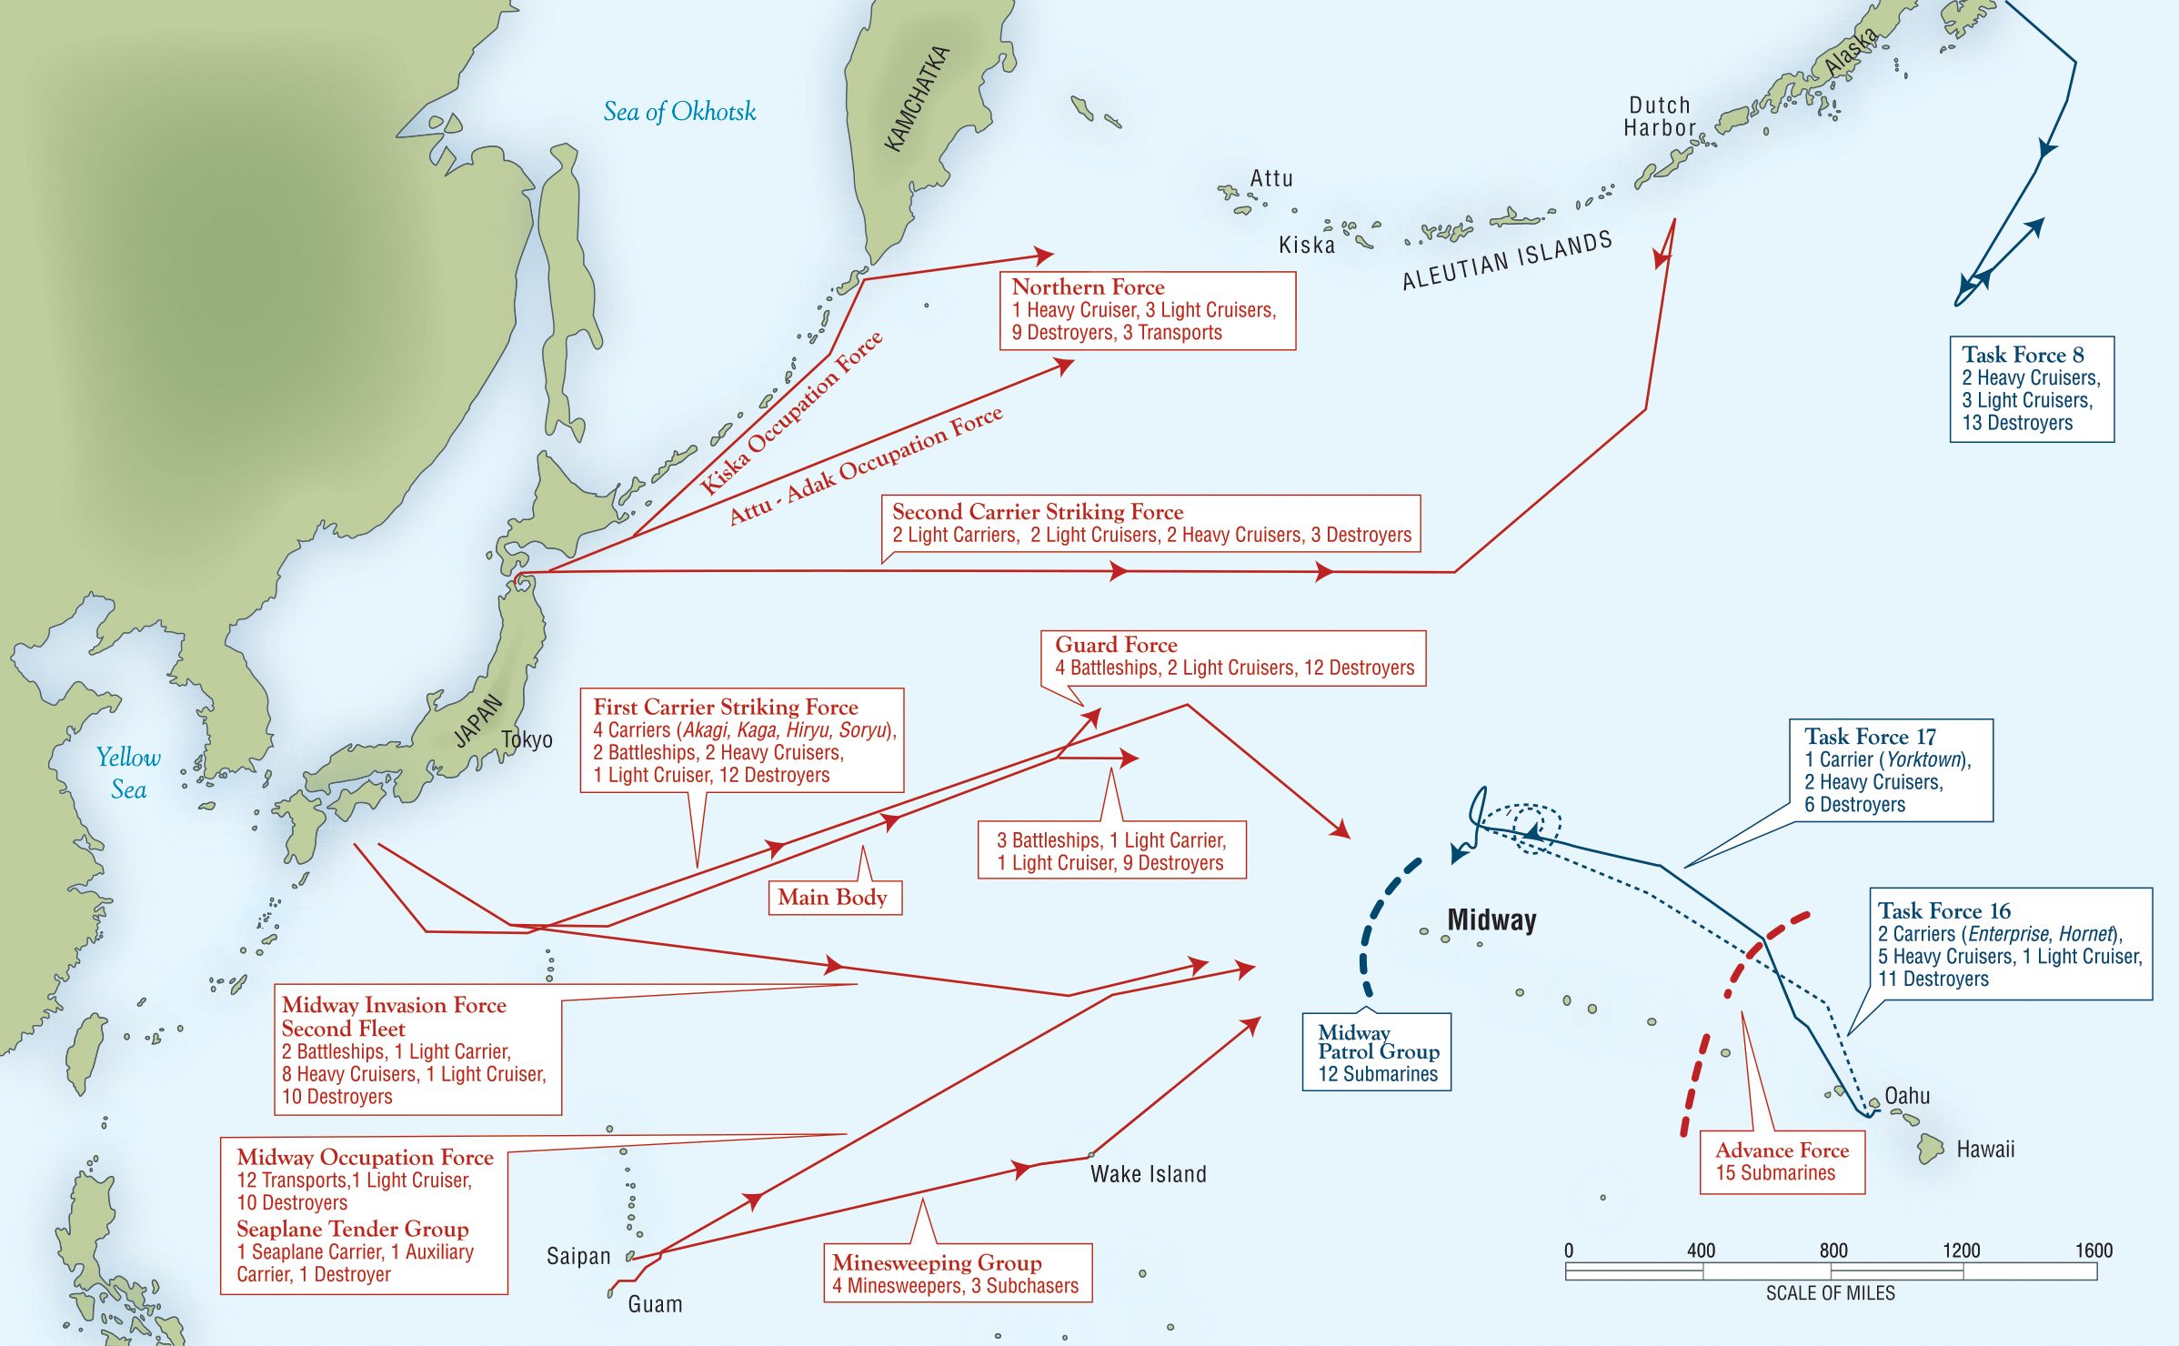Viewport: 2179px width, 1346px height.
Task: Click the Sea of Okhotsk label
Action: coord(679,112)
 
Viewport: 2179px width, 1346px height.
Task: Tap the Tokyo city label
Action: coord(527,739)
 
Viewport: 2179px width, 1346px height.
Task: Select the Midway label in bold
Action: coord(1491,919)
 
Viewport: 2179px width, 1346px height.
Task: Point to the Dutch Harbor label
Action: coord(1660,116)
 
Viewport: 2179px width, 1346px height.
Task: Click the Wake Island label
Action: coord(1148,1174)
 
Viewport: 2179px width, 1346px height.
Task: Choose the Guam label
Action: coord(655,1304)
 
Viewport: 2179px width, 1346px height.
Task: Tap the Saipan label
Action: coord(578,1256)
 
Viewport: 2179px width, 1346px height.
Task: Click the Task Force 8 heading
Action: coord(2023,355)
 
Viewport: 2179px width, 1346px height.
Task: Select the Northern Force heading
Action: coord(1088,287)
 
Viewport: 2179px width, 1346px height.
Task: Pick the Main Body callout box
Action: coord(832,898)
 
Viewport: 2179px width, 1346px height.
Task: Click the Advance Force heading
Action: coord(1782,1150)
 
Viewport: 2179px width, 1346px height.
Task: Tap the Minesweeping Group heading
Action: coord(937,1262)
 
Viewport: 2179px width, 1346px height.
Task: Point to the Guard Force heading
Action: coord(1116,645)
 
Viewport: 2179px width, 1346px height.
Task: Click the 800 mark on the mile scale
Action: coord(1833,1251)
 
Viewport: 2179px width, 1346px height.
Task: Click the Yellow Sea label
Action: coord(128,773)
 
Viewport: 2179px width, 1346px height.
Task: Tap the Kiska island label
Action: coord(1307,245)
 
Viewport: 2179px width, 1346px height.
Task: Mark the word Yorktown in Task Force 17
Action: coord(1923,759)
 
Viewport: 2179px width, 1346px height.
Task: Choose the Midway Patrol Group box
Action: coord(1377,1052)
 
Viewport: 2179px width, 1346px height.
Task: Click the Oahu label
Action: coord(1907,1096)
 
